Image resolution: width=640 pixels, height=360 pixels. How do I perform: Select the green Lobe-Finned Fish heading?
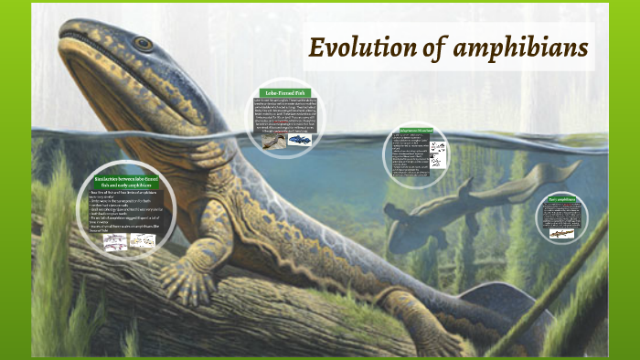284,92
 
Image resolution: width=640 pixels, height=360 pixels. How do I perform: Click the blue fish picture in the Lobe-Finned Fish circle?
299,140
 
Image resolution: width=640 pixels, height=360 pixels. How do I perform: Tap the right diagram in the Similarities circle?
141,239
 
